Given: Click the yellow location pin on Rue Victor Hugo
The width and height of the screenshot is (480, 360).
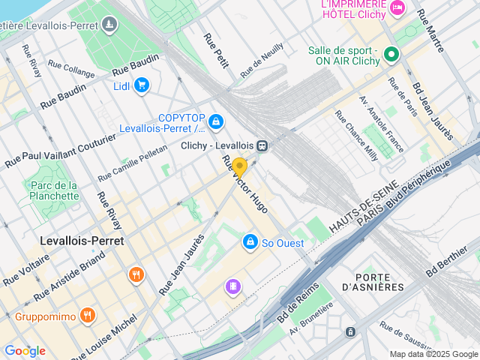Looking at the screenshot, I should click(x=239, y=166).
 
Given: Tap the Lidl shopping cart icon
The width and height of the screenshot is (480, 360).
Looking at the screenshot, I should click(x=141, y=85).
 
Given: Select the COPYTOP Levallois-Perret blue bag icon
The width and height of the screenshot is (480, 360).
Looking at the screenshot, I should click(x=216, y=121).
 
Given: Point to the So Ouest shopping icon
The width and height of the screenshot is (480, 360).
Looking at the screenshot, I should click(x=249, y=242).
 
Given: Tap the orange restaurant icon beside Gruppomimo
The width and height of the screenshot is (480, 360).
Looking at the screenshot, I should click(x=88, y=316).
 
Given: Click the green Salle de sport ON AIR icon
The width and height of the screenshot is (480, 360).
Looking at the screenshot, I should click(x=391, y=54).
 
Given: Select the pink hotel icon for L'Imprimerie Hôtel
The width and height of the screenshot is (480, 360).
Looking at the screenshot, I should click(x=397, y=7).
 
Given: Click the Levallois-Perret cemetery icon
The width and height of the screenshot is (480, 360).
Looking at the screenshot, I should click(x=110, y=26).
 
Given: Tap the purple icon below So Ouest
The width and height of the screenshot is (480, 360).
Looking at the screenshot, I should click(x=234, y=286).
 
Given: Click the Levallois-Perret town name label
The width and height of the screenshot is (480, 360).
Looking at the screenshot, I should click(x=81, y=241).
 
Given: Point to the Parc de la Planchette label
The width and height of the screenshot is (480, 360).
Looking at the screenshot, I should click(x=51, y=190).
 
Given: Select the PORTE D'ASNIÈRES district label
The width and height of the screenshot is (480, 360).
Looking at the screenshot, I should click(x=372, y=281).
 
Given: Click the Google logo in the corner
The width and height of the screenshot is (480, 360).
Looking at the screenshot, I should click(x=25, y=350).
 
